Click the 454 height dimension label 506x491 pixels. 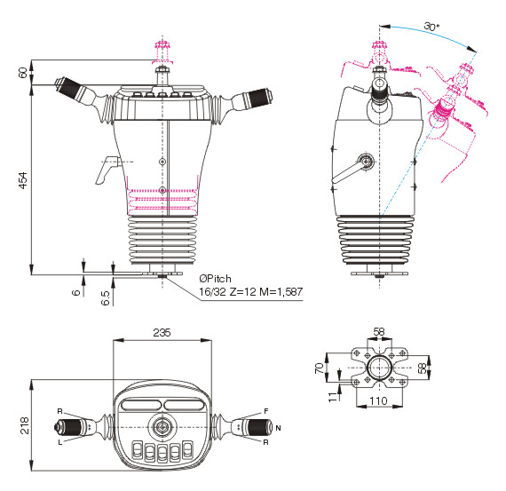point(23,180)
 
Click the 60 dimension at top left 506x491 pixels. point(23,73)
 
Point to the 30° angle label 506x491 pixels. point(431,26)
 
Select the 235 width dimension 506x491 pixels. point(162,332)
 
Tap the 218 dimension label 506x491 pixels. point(25,425)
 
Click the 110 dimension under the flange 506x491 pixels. point(378,401)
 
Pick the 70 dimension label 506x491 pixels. point(320,368)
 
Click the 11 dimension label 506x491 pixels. point(332,397)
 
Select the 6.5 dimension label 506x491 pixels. point(106,297)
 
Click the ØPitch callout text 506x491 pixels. point(215,279)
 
